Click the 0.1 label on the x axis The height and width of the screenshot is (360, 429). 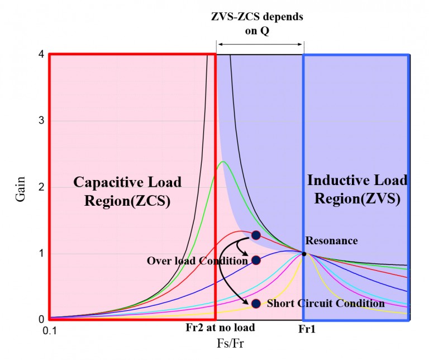tap(50, 330)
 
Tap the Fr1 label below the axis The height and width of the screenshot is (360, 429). tap(303, 330)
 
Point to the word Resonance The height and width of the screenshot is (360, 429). tap(332, 240)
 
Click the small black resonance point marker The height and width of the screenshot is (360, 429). tap(304, 253)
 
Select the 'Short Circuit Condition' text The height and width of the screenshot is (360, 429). tap(326, 304)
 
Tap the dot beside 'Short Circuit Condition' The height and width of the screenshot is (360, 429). tap(256, 304)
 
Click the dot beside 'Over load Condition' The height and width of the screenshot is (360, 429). tap(256, 260)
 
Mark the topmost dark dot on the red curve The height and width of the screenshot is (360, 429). tap(256, 235)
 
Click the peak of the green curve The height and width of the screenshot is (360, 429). tap(223, 162)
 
